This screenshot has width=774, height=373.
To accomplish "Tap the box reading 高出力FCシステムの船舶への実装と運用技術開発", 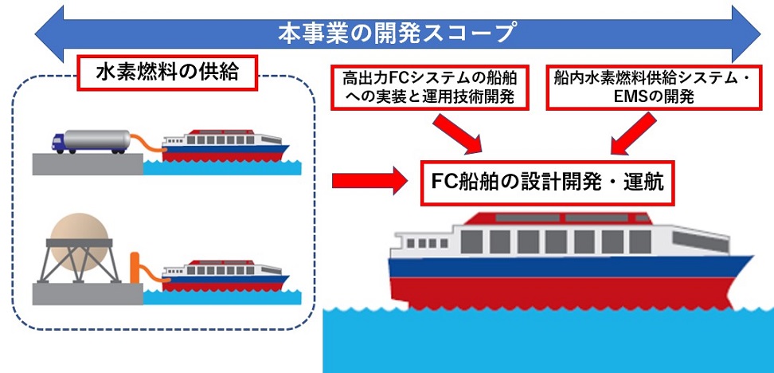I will click(428, 88).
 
